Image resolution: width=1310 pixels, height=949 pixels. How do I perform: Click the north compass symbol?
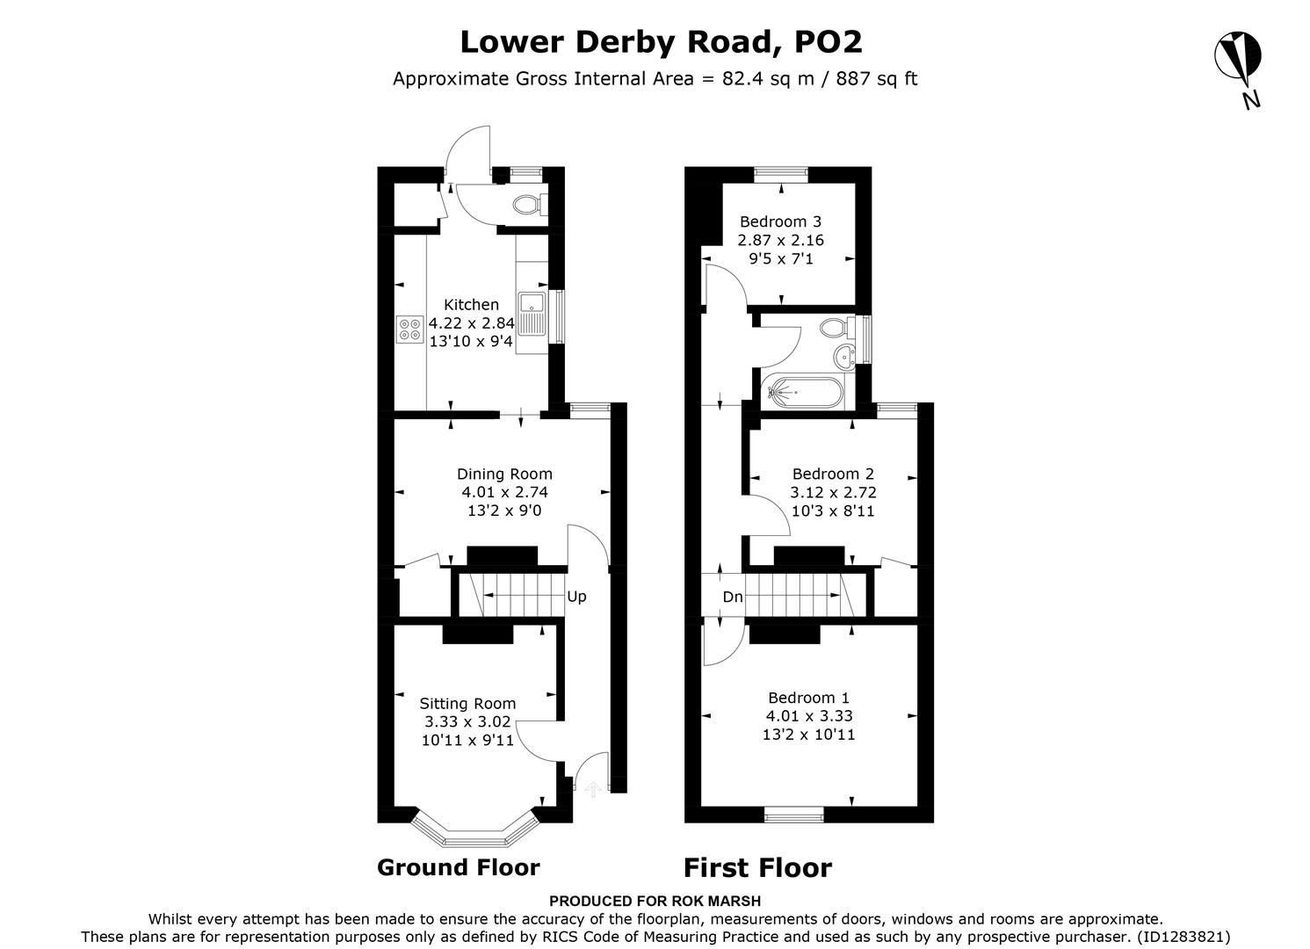coord(1238,57)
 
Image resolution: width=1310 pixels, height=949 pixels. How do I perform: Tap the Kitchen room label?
coord(471,305)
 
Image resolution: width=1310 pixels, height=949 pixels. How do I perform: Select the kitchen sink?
coord(532,314)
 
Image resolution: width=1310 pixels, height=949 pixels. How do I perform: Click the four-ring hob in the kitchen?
coord(409,329)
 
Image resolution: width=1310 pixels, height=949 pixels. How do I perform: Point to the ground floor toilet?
coord(528,204)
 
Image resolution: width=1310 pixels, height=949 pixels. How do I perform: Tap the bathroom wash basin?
coord(845,356)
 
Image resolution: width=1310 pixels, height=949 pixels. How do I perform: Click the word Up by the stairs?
coord(576,597)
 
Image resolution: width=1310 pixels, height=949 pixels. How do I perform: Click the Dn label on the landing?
coord(732,598)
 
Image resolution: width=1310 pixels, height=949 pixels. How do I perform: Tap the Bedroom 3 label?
coord(780,221)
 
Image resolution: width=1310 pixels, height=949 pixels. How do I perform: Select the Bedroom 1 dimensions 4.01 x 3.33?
coord(808,716)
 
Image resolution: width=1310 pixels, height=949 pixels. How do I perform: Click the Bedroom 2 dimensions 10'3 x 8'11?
coord(832,511)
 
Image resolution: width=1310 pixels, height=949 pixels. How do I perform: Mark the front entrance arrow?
coord(592,788)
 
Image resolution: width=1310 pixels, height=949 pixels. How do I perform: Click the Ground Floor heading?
coord(458,867)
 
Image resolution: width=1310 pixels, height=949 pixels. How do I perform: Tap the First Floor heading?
coord(757,868)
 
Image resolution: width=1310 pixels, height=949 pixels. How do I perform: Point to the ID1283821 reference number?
coord(1183,937)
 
